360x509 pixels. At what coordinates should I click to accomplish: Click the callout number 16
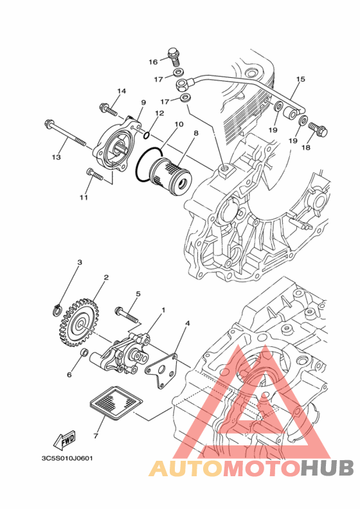tap(153, 62)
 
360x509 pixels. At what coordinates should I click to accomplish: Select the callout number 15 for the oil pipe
tap(301, 79)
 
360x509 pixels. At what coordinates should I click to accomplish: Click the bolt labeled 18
tap(317, 129)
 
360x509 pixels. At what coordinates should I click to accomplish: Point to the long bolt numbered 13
tap(64, 133)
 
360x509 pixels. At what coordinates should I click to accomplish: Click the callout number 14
tap(122, 91)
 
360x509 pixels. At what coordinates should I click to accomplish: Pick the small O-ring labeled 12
tap(147, 134)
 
